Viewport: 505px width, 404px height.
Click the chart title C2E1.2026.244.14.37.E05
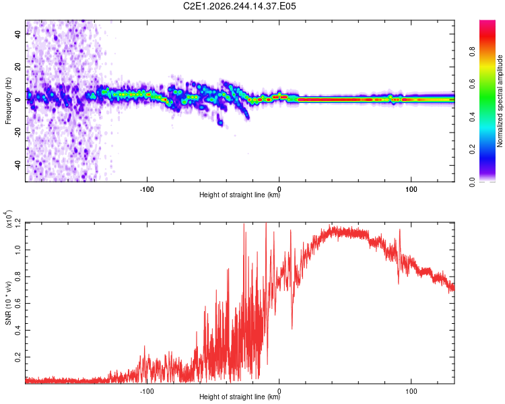(239, 6)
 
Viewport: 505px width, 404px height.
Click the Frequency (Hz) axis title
(8, 101)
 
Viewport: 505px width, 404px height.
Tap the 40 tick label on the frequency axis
(18, 34)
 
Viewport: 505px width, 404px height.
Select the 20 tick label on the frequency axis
(18, 67)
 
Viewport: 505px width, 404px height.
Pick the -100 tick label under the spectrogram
(147, 189)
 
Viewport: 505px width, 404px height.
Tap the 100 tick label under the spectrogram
(411, 189)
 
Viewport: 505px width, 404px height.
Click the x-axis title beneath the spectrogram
(240, 195)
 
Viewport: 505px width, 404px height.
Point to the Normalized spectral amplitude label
(500, 101)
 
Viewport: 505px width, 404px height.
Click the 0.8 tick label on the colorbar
(473, 51)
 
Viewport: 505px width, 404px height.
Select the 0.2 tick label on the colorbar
(473, 149)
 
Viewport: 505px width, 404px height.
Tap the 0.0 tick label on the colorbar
(473, 182)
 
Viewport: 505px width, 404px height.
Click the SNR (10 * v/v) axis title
(8, 303)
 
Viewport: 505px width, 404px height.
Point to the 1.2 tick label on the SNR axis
(18, 223)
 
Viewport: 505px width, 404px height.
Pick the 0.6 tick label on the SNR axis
(18, 303)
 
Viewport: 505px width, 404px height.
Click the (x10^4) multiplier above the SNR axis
(8, 219)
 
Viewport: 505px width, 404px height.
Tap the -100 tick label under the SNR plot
(147, 391)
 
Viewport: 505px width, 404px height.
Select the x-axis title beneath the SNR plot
(240, 397)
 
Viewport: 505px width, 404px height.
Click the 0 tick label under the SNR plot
(279, 391)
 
